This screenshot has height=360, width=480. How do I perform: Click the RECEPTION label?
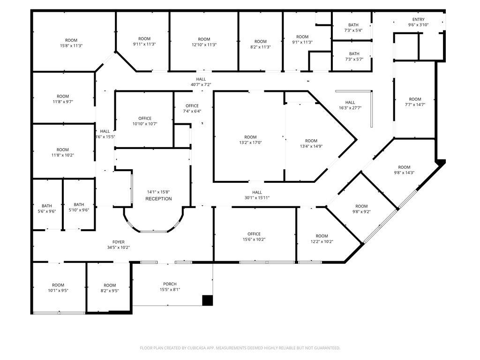(x=158, y=199)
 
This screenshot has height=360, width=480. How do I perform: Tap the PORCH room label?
(x=170, y=284)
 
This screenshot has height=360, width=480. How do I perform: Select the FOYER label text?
(x=119, y=242)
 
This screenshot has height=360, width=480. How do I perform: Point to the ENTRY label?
(x=418, y=19)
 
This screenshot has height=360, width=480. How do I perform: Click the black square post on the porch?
(x=208, y=300)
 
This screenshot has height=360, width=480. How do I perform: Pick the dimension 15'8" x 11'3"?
(x=71, y=45)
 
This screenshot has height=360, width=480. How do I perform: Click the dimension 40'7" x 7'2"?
(x=201, y=84)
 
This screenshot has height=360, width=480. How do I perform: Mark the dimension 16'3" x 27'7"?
(x=350, y=108)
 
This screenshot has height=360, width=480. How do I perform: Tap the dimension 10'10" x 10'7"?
(x=145, y=124)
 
